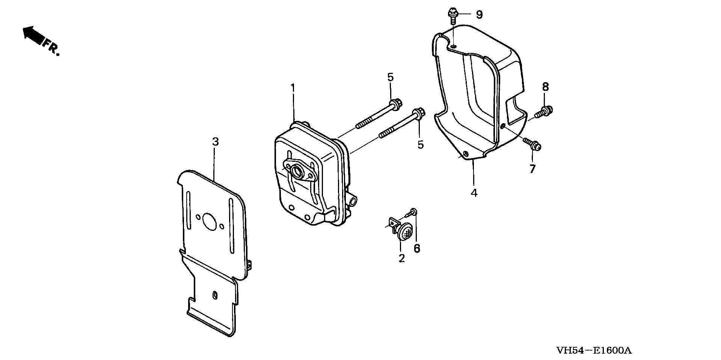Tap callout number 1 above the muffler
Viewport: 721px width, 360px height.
point(293,89)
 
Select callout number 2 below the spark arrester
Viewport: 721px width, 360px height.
point(402,258)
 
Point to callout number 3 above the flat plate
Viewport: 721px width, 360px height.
point(215,142)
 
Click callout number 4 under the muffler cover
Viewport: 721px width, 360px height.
point(474,193)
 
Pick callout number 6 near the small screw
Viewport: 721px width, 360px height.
point(417,249)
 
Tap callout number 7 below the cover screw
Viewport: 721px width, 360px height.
point(532,169)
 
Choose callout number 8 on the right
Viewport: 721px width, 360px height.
point(545,87)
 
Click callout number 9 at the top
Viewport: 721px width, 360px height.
point(479,15)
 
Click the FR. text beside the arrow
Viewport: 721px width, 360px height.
point(51,47)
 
